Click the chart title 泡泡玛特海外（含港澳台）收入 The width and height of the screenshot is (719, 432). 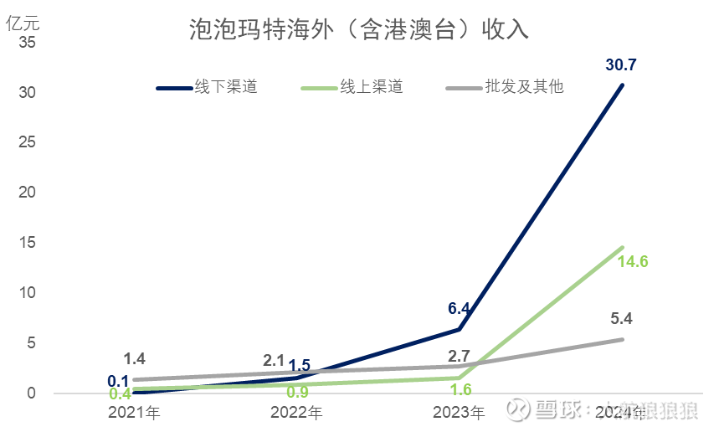pyautogui.click(x=359, y=31)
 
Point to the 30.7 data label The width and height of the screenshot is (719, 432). pyautogui.click(x=623, y=64)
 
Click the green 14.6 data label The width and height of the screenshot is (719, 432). pyautogui.click(x=633, y=262)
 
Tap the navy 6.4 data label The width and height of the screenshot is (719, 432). pyautogui.click(x=458, y=308)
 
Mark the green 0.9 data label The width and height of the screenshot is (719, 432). pyautogui.click(x=298, y=391)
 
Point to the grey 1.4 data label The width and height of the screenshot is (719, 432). pyautogui.click(x=134, y=359)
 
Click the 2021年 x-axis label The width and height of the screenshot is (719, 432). pyautogui.click(x=134, y=412)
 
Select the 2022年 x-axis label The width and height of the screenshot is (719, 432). pyautogui.click(x=296, y=412)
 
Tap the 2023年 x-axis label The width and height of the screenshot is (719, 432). pyautogui.click(x=459, y=412)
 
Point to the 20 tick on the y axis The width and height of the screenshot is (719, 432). pyautogui.click(x=28, y=193)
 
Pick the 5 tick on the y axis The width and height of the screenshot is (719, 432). pyautogui.click(x=31, y=343)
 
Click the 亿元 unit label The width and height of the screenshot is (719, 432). pyautogui.click(x=23, y=23)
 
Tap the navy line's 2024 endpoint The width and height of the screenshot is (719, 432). pyautogui.click(x=622, y=85)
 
